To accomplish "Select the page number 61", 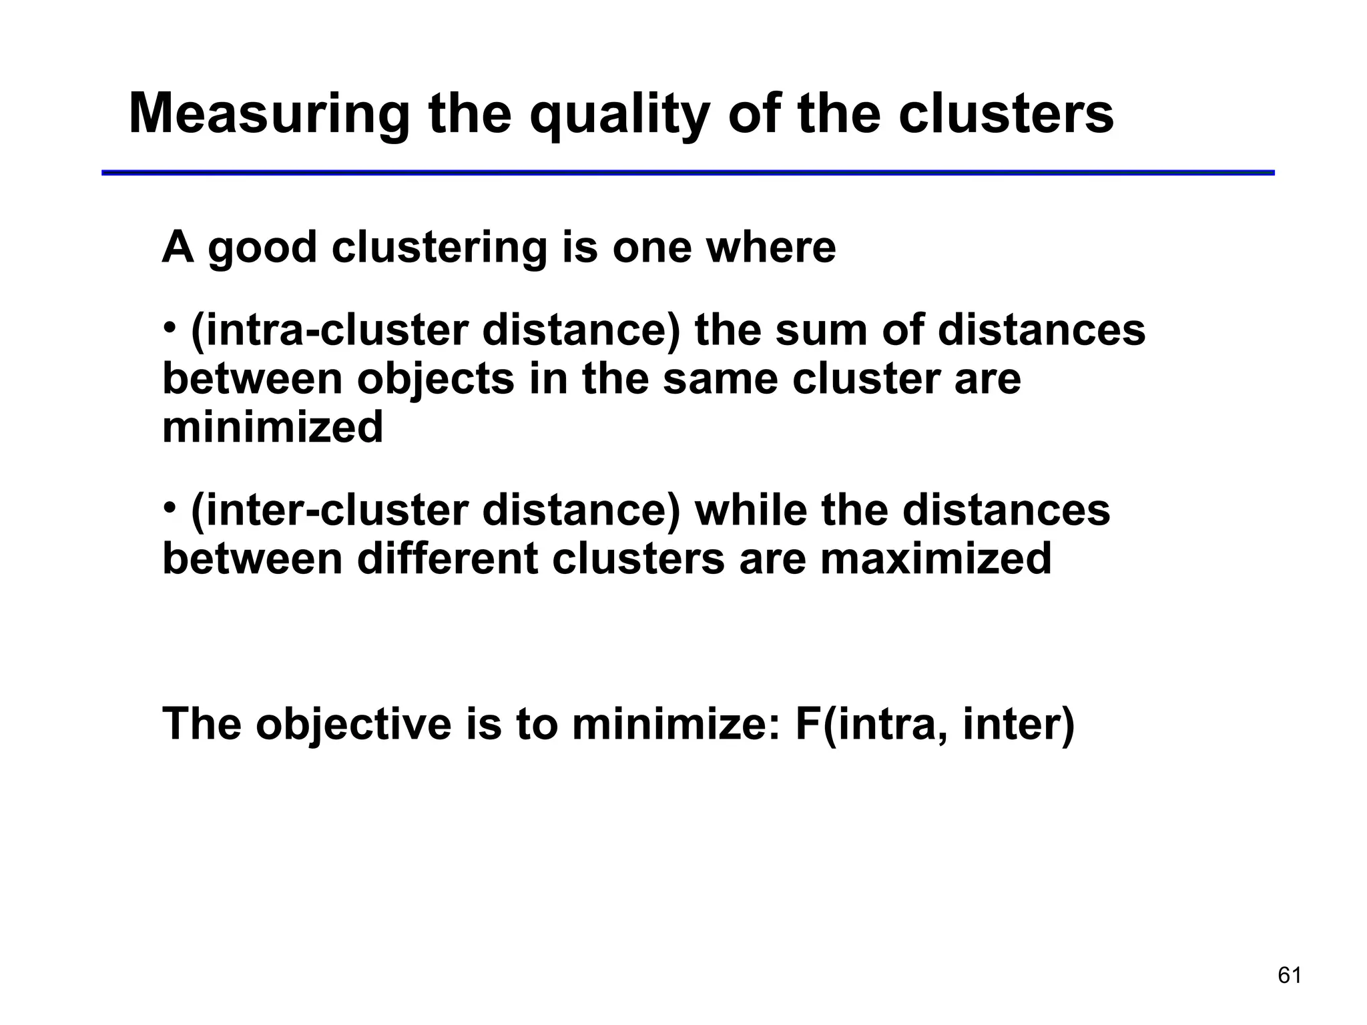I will pos(1290,976).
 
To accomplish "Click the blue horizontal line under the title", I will pos(688,173).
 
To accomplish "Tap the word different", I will pos(447,559).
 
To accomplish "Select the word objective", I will pos(354,723).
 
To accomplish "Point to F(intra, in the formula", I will pos(872,723).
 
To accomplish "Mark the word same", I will pos(720,379).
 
